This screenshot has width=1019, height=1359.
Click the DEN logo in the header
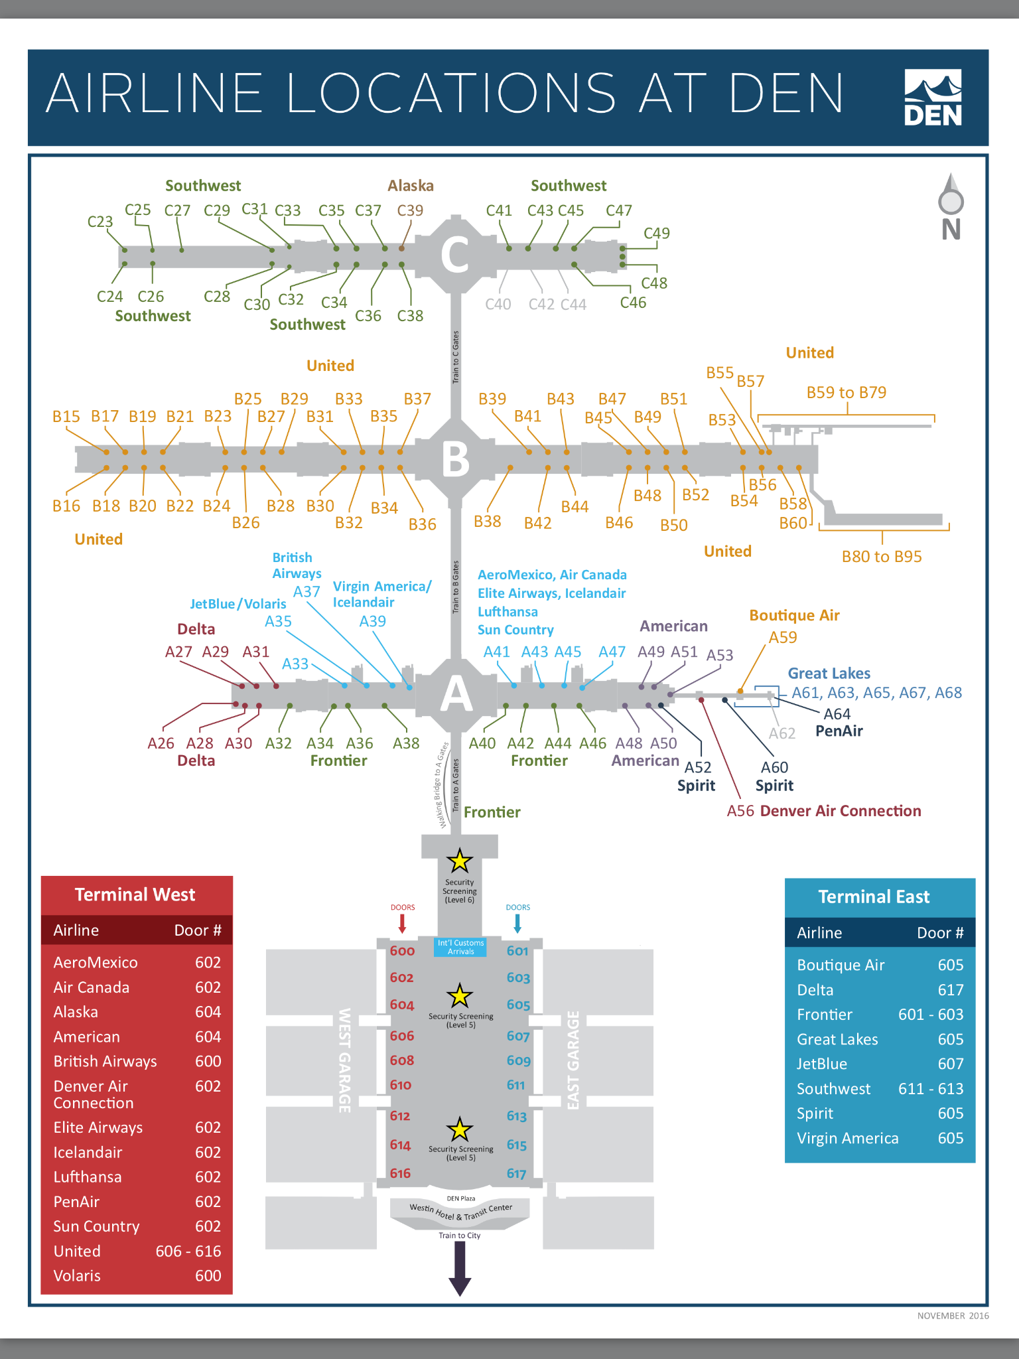point(933,98)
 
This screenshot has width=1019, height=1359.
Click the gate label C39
point(410,210)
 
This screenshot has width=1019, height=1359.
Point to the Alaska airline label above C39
point(411,186)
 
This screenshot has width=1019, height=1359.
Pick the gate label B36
point(423,524)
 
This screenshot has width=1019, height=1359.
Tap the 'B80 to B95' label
point(882,557)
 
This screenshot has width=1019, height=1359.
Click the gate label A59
point(783,638)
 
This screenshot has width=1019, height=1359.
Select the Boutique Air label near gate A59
point(794,615)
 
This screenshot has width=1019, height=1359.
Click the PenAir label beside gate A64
point(839,731)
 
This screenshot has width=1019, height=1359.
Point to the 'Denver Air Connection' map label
point(841,811)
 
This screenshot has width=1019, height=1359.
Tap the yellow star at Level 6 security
point(459,861)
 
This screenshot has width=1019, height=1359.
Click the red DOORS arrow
point(402,923)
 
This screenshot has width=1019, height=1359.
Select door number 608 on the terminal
point(402,1060)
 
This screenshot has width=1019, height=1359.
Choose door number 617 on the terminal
point(517,1174)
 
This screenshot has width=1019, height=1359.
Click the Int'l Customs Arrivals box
point(460,947)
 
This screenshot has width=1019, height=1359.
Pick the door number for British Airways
point(208,1062)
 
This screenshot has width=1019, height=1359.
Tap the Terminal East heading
point(874,897)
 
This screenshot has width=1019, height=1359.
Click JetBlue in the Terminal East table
point(822,1064)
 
